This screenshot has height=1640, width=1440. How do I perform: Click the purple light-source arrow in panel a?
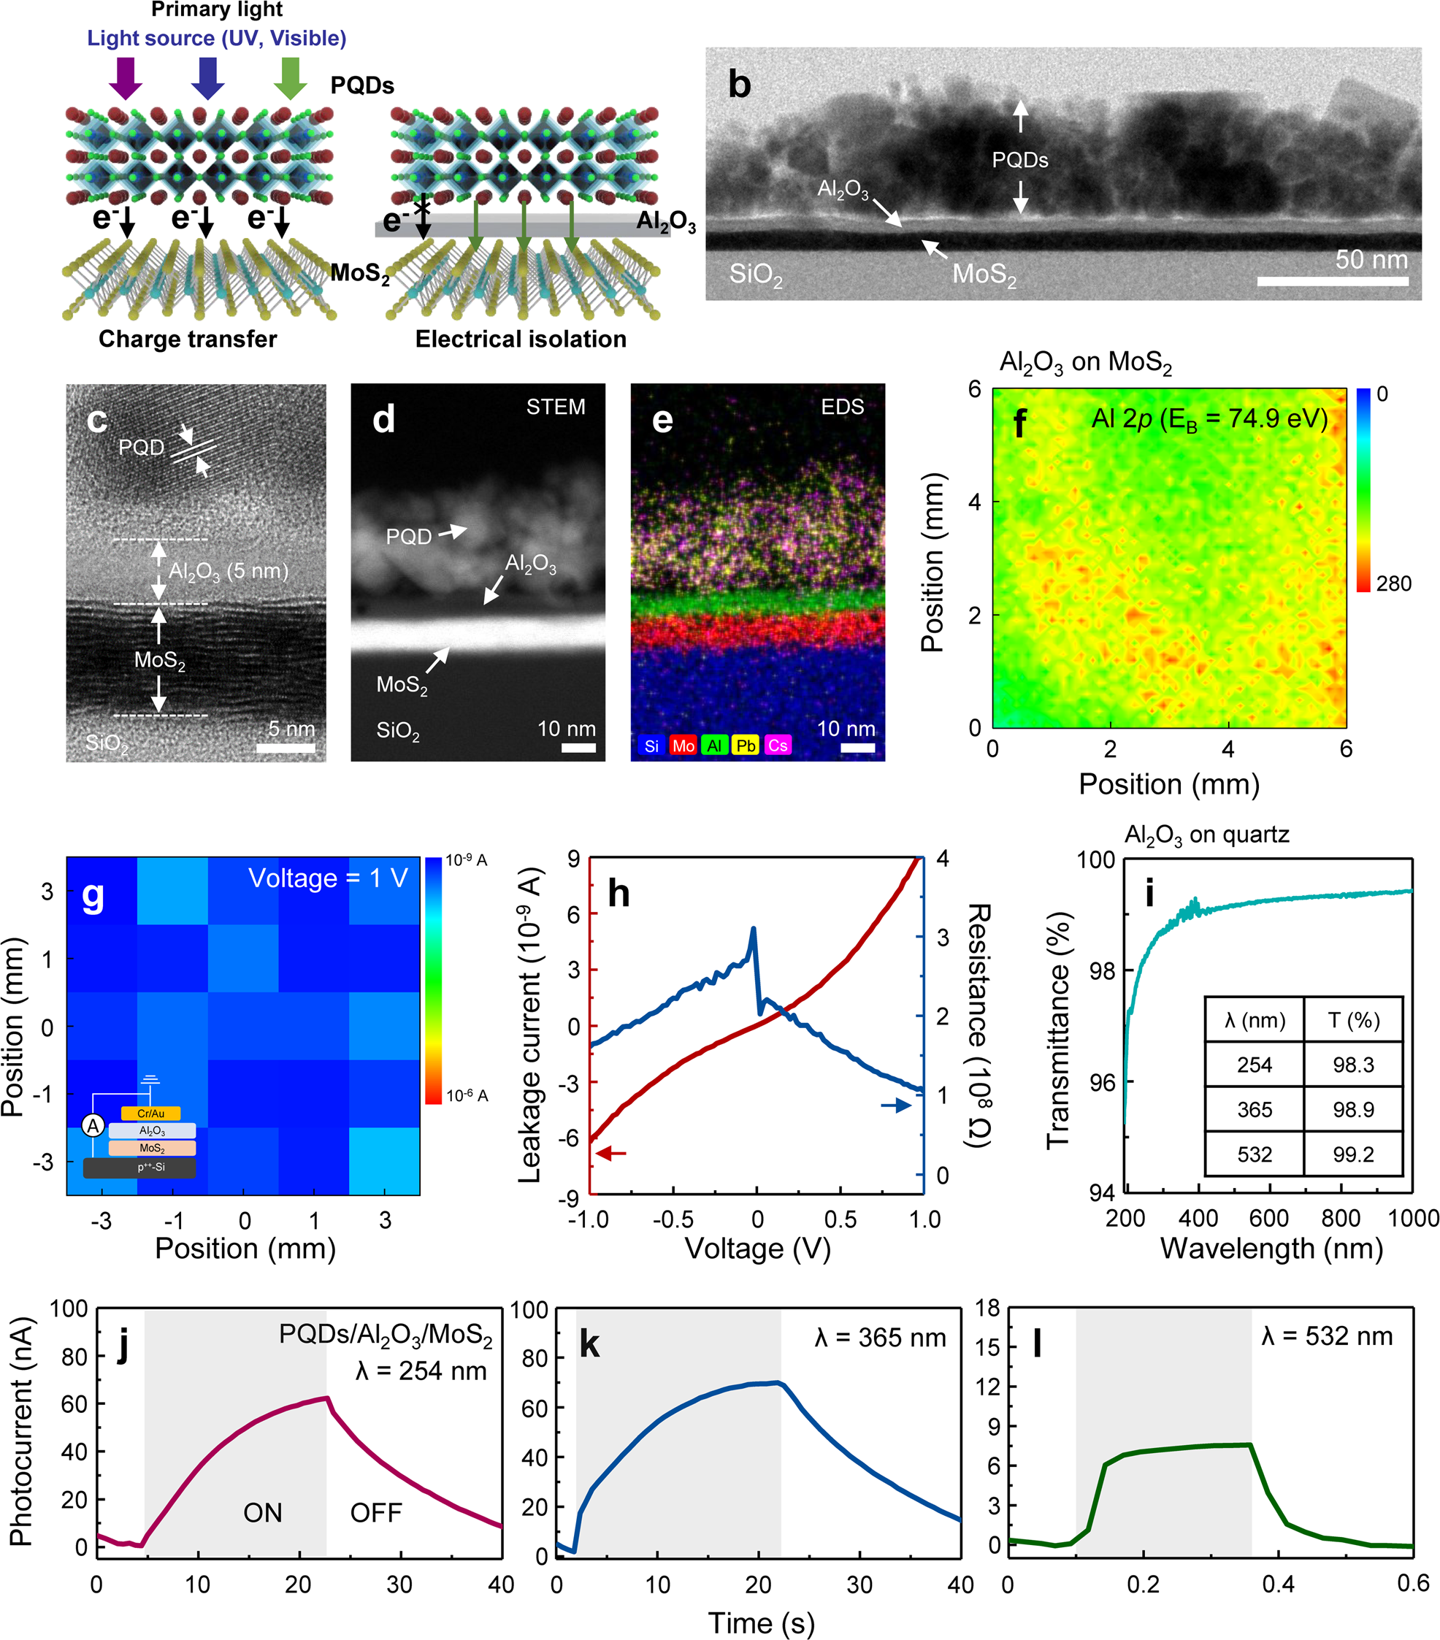126,78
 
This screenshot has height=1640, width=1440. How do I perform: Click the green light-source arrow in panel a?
291,78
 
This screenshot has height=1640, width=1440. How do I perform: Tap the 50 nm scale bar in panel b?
1333,281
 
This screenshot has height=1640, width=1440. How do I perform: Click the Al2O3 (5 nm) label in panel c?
228,571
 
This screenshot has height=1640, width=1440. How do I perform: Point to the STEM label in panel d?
555,407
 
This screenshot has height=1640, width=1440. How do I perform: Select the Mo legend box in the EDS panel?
683,746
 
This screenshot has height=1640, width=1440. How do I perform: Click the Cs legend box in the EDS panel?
778,746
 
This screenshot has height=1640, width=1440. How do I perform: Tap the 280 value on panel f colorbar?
1393,583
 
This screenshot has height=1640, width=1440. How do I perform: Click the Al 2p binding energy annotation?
1209,419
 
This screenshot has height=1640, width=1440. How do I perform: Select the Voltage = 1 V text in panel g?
328,878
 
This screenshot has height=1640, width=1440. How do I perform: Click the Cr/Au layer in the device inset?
151,1113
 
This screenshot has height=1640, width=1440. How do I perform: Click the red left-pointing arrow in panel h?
610,1153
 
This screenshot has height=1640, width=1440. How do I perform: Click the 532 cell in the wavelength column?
1254,1154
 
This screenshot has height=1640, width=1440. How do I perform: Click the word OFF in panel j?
375,1512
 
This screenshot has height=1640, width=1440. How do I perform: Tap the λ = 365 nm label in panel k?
880,1338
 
